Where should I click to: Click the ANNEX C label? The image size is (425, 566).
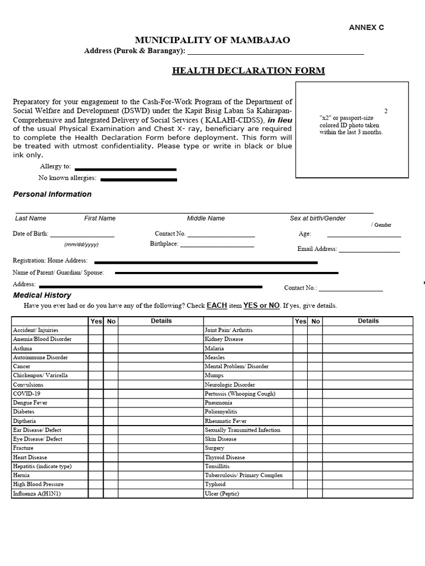coord(366,27)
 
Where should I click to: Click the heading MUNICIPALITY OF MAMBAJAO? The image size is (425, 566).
coord(212,40)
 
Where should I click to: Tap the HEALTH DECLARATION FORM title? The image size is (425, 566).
coord(248,71)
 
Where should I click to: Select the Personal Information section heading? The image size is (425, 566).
coord(52,194)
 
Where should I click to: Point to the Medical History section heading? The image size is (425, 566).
coord(42,295)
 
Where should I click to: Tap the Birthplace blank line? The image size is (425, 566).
coord(217,245)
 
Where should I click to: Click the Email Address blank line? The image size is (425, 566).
coord(369,251)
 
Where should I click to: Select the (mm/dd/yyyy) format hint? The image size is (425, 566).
coord(81,244)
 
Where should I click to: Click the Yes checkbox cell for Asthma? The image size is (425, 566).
coord(96,348)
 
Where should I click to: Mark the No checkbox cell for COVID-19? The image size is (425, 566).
coord(111,394)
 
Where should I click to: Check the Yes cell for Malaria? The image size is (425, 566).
coord(300,348)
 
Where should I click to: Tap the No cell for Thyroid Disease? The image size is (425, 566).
coord(315,457)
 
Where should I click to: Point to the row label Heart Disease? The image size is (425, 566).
coord(30,457)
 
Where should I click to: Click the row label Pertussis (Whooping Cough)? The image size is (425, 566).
coord(240,394)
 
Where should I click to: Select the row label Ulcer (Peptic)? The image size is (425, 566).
coord(222,494)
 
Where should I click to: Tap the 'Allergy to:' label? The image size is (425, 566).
coord(55,166)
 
